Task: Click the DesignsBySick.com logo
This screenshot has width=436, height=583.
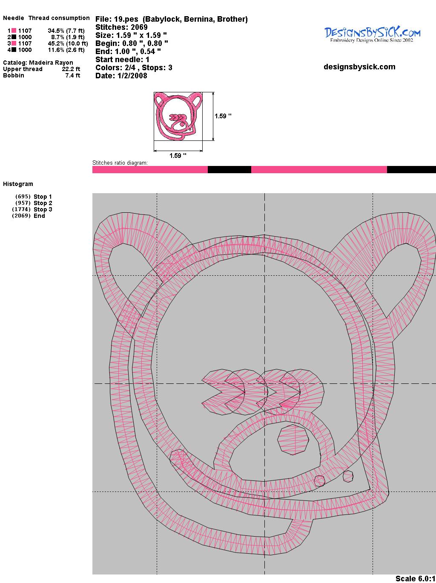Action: click(372, 34)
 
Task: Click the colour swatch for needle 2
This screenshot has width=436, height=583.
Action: click(14, 37)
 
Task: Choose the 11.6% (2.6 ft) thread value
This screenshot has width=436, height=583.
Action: click(66, 50)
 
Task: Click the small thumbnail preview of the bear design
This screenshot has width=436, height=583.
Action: click(178, 116)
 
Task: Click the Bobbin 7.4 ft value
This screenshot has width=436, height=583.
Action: click(72, 75)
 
